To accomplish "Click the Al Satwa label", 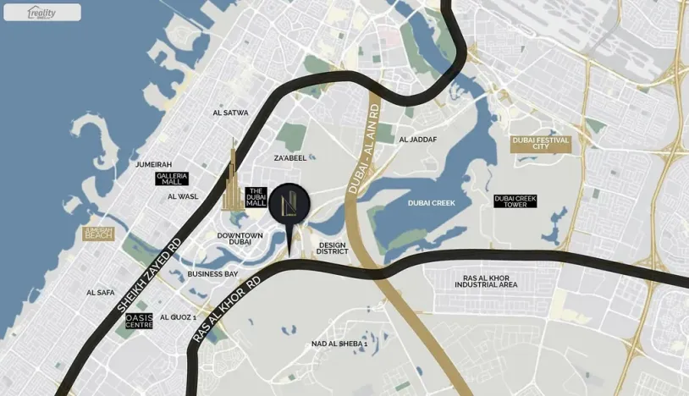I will tap(231, 113).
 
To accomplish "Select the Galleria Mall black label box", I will tap(172, 179).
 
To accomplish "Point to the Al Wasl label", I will tap(183, 196).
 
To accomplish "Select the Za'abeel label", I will tap(290, 157).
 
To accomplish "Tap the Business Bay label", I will tap(212, 274).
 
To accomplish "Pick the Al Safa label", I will tap(100, 293).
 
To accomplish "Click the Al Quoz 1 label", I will tap(178, 316).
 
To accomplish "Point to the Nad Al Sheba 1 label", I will tap(339, 344).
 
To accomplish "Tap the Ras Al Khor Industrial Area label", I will tap(485, 281).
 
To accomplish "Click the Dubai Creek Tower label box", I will tap(515, 201).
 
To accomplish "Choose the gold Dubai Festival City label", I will tap(541, 144).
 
